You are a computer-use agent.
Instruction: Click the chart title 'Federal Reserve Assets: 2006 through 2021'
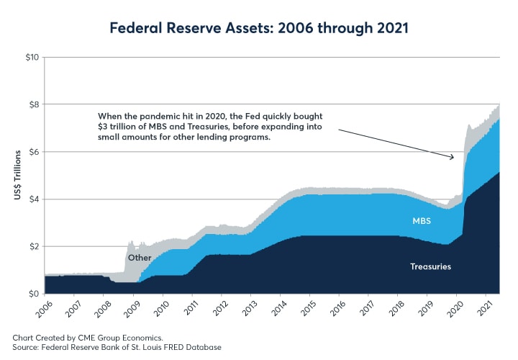click(x=259, y=29)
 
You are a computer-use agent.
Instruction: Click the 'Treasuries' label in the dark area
click(x=430, y=267)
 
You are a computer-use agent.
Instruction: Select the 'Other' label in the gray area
click(x=139, y=258)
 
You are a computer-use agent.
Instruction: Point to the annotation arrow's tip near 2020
click(x=454, y=157)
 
